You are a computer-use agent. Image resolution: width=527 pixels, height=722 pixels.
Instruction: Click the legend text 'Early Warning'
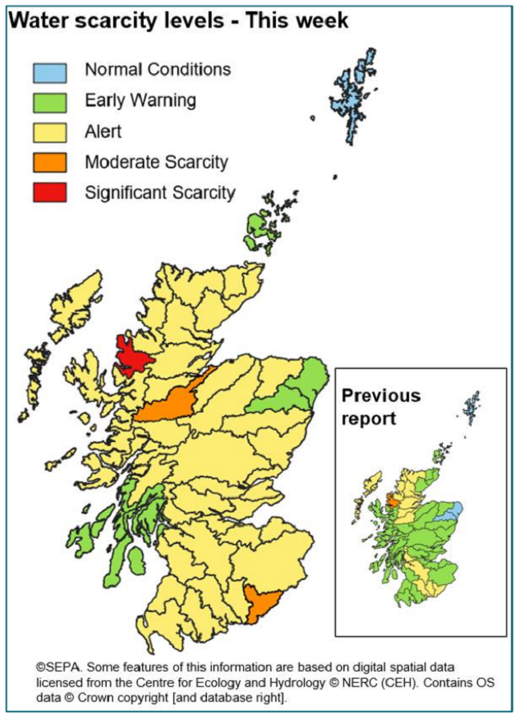pyautogui.click(x=140, y=101)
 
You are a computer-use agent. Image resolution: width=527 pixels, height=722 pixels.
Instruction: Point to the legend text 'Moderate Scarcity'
pyautogui.click(x=156, y=162)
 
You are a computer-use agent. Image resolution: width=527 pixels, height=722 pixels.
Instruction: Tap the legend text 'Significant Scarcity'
pyautogui.click(x=160, y=193)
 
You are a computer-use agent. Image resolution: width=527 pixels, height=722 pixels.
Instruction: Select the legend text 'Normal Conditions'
pyautogui.click(x=158, y=70)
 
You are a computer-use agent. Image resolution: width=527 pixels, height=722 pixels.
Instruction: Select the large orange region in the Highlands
pyautogui.click(x=172, y=401)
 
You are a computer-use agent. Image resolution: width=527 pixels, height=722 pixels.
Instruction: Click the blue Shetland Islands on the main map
pyautogui.click(x=353, y=88)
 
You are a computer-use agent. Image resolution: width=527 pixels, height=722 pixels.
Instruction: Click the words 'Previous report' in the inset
pyautogui.click(x=380, y=408)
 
